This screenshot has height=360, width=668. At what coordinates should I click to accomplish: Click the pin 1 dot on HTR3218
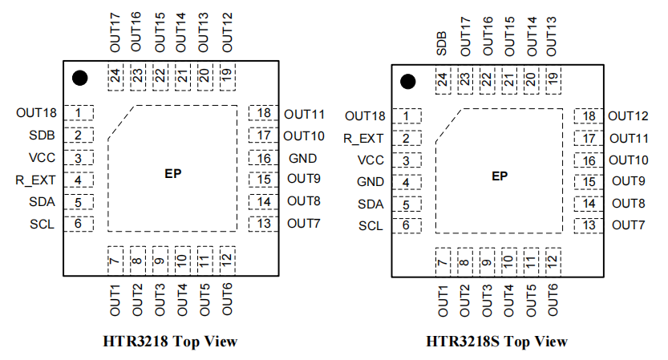click(79, 78)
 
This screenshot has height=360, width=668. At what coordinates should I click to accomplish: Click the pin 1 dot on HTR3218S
click(407, 82)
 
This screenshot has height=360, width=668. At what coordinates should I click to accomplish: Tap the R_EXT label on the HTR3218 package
click(34, 180)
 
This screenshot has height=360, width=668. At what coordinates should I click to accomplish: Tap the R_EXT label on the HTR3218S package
click(364, 138)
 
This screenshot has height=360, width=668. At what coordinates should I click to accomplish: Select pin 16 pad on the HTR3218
click(262, 158)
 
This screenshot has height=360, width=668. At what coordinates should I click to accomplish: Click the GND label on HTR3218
click(303, 158)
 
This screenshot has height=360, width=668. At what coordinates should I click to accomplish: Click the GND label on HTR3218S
click(370, 182)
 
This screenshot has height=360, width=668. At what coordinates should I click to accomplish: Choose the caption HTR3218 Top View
click(170, 341)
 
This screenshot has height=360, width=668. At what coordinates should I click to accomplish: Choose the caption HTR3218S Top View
click(497, 342)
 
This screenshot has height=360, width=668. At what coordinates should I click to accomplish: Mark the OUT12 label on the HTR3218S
click(630, 117)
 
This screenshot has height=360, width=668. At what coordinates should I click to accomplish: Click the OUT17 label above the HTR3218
click(115, 33)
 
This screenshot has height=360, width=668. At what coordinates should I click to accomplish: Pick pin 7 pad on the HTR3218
click(115, 260)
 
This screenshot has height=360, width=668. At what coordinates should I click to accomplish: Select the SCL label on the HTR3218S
click(370, 226)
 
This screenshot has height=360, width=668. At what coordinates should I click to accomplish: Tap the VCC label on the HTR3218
click(41, 158)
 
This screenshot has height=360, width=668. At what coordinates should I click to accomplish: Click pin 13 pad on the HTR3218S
click(589, 225)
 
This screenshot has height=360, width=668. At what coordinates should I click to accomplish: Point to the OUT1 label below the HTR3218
click(115, 299)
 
